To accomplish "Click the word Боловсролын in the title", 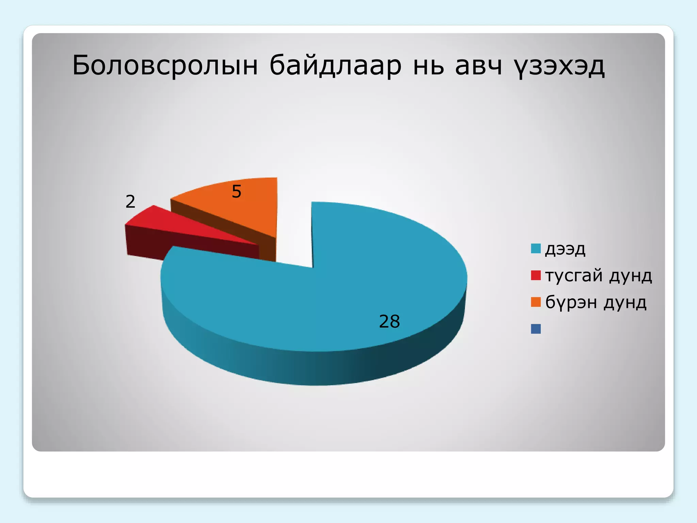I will coord(165,65).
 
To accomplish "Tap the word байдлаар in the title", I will coord(335,65).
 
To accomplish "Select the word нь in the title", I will coord(428,65).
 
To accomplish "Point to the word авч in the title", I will coord(478,65).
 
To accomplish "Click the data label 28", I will coord(389,321).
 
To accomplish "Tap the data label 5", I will coord(236,191).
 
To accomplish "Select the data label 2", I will coord(130,202).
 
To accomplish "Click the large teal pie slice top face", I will coord(357,272).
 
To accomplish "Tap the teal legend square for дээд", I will coord(536,249).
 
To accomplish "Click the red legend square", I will coord(536,275).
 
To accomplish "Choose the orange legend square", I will coord(536,302).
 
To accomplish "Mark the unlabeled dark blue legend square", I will coord(536,329).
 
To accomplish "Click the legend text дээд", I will coord(565,249).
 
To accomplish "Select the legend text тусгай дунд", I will coord(598,275).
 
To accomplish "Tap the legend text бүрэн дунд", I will coord(596,302).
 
